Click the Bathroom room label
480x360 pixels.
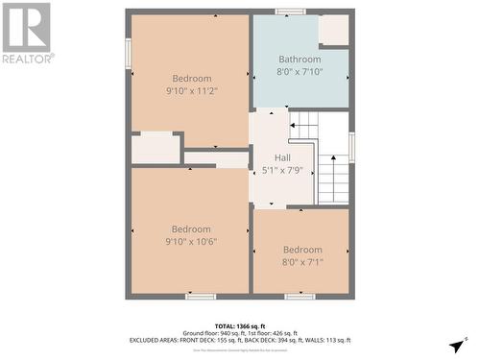click(x=300, y=59)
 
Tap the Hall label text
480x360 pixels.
click(x=282, y=157)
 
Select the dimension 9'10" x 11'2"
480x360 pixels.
click(x=191, y=92)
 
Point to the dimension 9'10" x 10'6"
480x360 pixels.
click(x=191, y=242)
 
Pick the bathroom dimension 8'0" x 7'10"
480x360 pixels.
click(x=300, y=71)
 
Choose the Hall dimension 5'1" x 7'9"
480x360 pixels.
click(x=282, y=170)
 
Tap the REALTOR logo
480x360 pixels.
click(x=27, y=33)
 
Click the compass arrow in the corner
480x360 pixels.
click(x=457, y=345)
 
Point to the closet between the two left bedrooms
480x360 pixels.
click(x=156, y=148)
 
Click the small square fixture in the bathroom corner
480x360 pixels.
click(x=333, y=30)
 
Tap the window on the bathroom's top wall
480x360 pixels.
click(x=290, y=12)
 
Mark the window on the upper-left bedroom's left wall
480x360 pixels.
click(x=128, y=53)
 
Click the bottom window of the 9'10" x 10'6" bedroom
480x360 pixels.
click(x=201, y=296)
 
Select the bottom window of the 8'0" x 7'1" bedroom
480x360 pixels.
click(x=300, y=296)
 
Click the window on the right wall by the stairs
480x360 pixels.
click(x=352, y=146)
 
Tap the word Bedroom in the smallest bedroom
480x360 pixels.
click(x=302, y=250)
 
